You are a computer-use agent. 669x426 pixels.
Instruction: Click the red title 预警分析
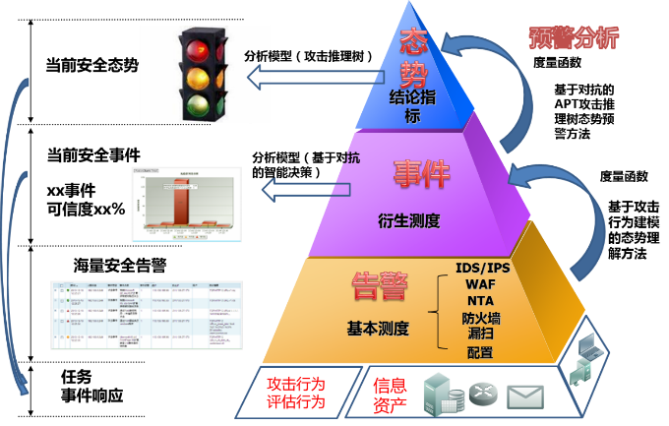[574, 38]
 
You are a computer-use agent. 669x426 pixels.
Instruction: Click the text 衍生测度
[408, 220]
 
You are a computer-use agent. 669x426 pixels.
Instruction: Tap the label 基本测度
[378, 328]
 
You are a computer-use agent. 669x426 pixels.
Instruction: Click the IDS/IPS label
[483, 268]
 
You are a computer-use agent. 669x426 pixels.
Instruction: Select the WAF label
[481, 284]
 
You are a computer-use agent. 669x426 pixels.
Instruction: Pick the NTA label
[481, 301]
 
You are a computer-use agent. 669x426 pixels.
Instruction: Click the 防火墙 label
[481, 318]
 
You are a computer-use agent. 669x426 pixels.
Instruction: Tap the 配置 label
[481, 352]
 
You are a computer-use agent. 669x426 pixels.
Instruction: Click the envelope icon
[525, 396]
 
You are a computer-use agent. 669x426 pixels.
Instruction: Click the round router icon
[484, 394]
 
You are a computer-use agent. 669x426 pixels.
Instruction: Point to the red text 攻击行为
[295, 383]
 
